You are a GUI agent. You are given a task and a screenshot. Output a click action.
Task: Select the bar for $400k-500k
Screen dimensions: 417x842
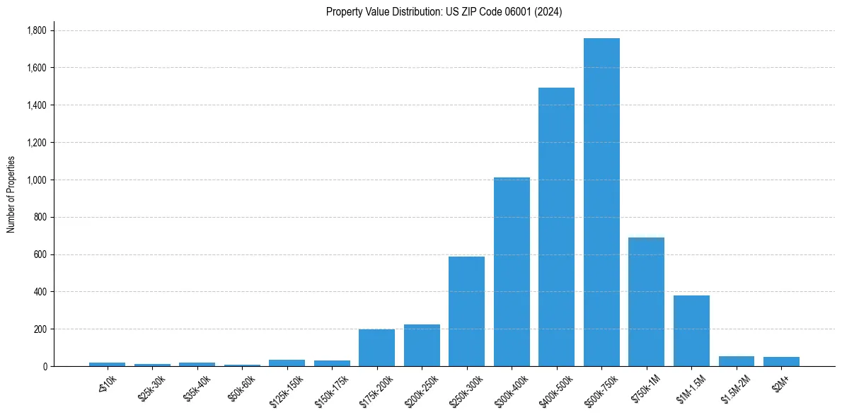(556, 227)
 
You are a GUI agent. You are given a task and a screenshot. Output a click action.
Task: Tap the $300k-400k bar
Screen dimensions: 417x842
(512, 271)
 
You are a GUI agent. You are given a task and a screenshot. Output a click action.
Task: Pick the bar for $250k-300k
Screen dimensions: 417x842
(466, 311)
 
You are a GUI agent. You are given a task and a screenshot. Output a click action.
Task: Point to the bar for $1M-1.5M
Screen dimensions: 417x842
(691, 331)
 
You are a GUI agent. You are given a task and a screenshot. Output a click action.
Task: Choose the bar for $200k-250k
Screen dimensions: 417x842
(422, 346)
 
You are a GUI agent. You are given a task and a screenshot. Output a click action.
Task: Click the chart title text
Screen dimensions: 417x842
(444, 12)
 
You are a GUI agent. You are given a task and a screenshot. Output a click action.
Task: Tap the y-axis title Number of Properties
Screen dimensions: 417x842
(11, 194)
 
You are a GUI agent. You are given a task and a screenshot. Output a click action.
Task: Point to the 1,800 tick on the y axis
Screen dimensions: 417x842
(36, 30)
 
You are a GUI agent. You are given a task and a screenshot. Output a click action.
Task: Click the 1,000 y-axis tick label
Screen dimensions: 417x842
(36, 180)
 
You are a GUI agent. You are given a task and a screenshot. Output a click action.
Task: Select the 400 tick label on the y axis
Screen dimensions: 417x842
(40, 292)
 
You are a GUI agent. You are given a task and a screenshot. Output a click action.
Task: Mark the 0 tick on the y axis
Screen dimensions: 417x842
(44, 367)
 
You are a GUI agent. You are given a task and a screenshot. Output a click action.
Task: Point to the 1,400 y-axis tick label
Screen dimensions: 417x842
(36, 105)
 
